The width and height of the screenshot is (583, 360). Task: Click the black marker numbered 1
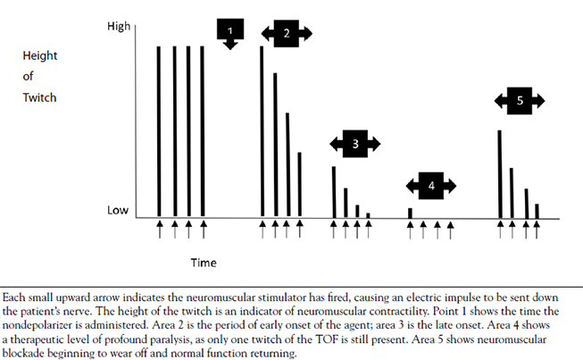[230, 31]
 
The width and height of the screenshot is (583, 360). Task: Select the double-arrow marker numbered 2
[287, 33]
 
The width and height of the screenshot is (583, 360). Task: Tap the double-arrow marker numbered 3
[355, 143]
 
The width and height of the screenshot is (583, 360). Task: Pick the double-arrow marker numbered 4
[431, 186]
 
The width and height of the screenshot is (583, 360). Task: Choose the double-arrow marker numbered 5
[520, 101]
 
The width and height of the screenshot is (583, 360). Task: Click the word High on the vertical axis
[119, 28]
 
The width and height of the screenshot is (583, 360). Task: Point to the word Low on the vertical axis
[119, 212]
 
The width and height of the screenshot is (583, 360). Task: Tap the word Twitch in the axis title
[40, 97]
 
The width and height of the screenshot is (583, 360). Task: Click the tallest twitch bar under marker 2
[262, 131]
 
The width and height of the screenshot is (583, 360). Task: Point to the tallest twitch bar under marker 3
[333, 191]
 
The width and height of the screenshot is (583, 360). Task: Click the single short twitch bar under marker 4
[410, 213]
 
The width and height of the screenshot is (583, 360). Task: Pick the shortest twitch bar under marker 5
[537, 211]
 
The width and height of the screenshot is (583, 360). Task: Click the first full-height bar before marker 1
[159, 131]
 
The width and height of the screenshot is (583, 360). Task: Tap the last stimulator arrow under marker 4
[451, 230]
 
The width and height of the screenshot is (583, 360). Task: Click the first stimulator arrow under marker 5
[499, 230]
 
